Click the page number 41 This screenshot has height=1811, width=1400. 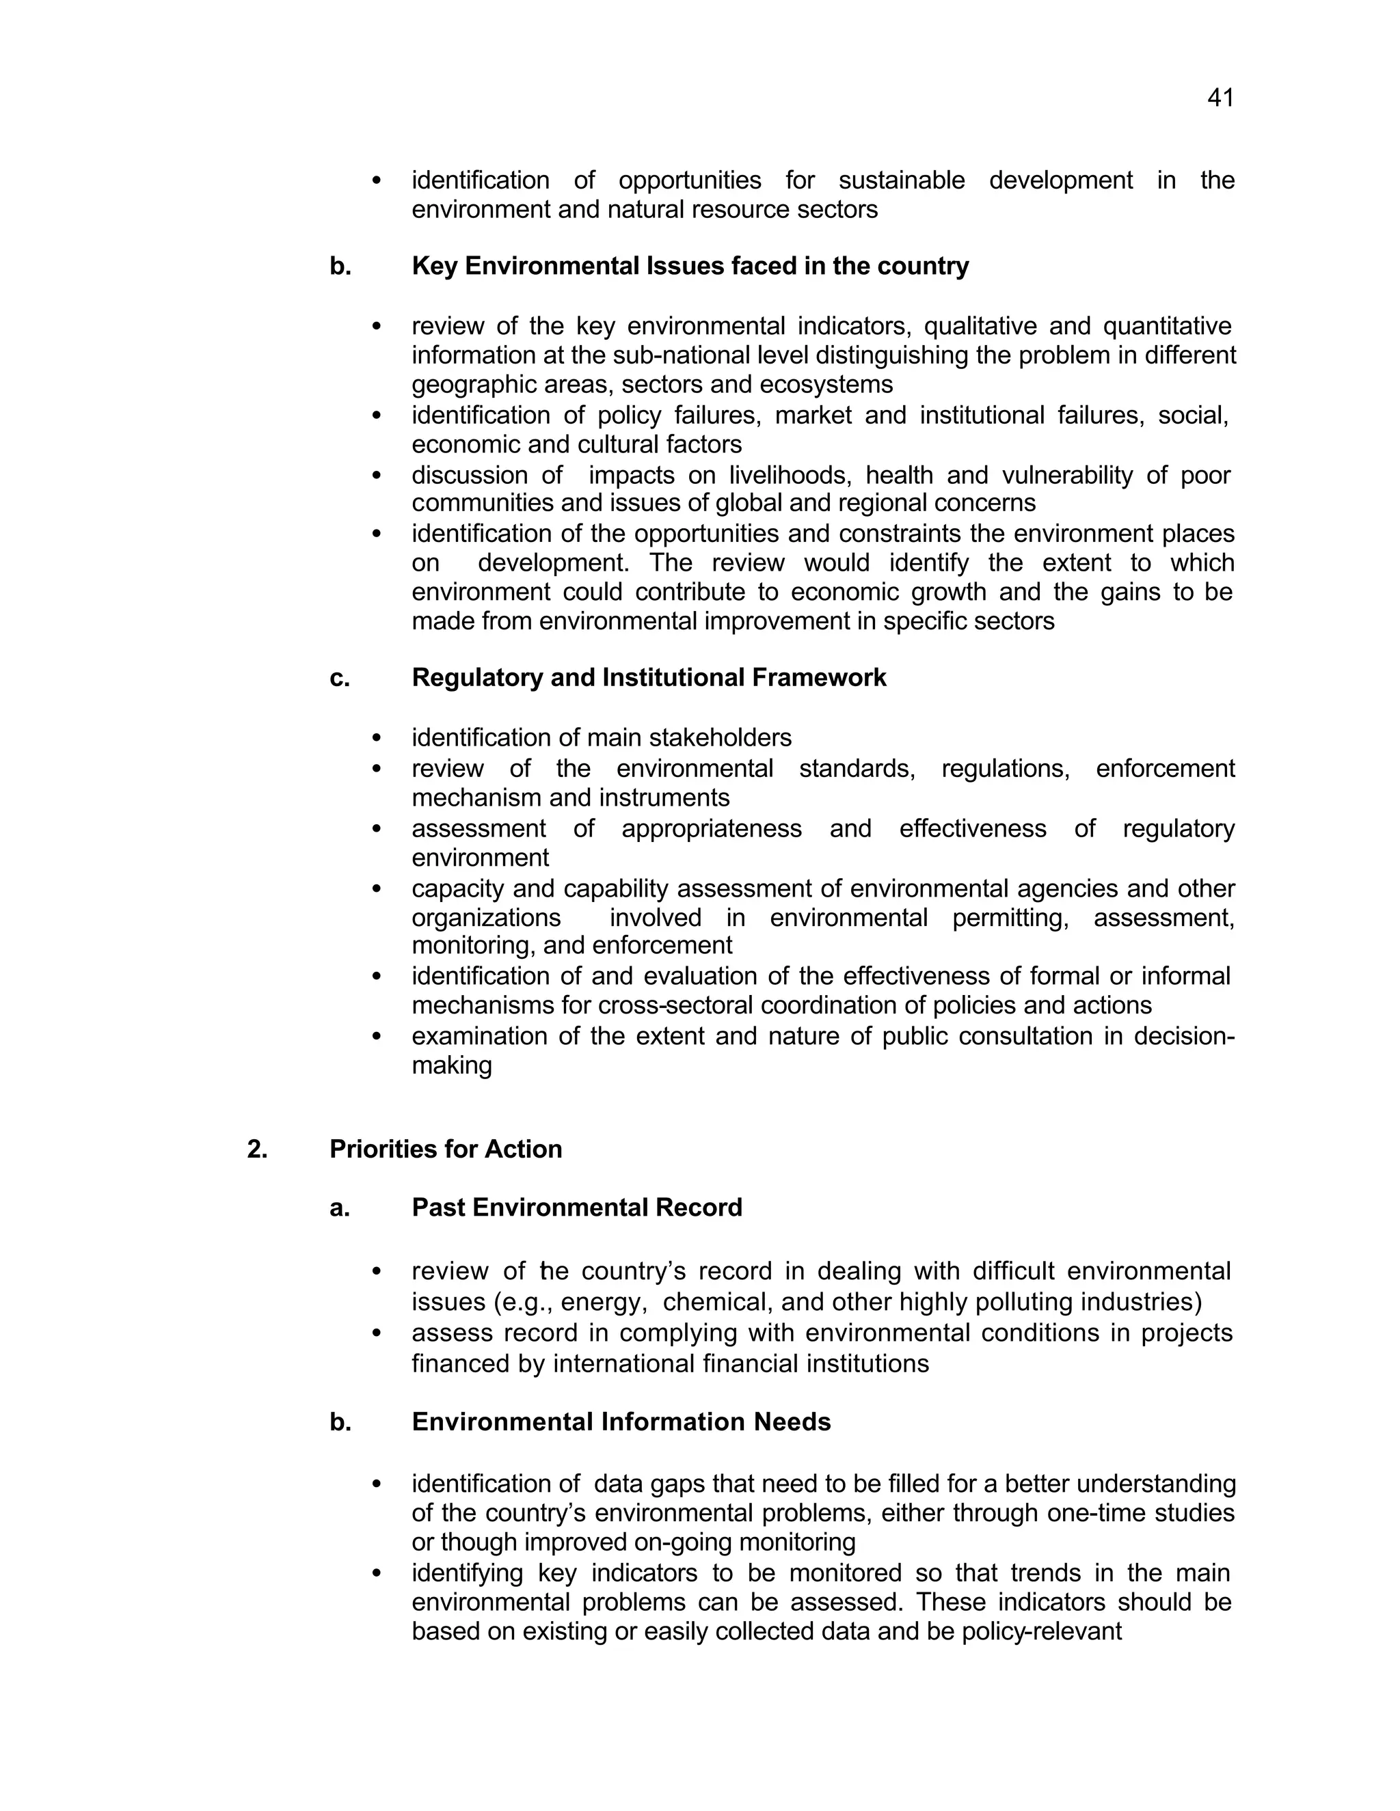(1220, 98)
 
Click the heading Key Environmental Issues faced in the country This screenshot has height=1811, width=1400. (689, 266)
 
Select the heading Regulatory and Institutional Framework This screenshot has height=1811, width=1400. (649, 677)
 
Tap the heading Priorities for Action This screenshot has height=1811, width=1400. (446, 1149)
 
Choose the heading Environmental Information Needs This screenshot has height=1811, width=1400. (621, 1421)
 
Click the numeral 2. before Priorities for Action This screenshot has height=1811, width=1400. (257, 1149)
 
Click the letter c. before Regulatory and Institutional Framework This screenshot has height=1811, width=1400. (339, 677)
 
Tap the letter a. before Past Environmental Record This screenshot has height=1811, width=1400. (339, 1208)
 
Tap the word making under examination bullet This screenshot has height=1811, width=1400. (451, 1065)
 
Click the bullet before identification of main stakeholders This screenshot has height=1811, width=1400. (377, 738)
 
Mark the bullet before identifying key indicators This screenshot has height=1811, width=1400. (377, 1573)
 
